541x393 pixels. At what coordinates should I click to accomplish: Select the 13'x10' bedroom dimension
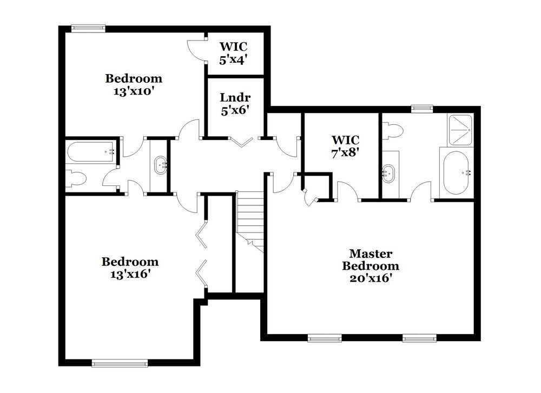[133, 91]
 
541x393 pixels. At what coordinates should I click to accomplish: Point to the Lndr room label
[233, 98]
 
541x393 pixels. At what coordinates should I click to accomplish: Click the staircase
[250, 219]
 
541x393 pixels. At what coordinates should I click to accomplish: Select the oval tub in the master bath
[455, 173]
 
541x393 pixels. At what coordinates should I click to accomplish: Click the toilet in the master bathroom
[392, 130]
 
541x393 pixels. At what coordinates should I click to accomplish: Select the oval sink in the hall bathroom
[161, 165]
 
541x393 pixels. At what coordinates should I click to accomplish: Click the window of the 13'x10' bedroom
[88, 29]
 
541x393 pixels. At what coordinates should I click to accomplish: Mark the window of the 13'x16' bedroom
[120, 363]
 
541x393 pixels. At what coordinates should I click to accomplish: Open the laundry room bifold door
[241, 141]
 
